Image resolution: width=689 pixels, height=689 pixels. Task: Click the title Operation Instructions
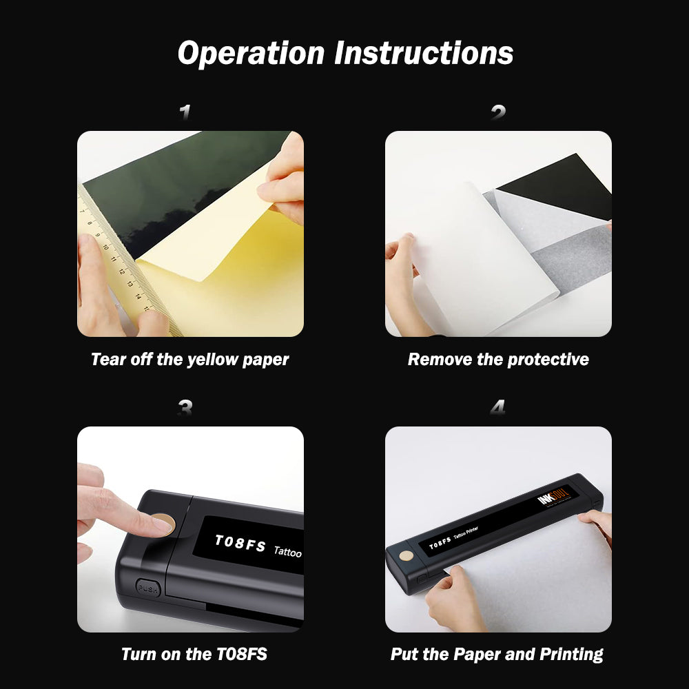click(x=345, y=53)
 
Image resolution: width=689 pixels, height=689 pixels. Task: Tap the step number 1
click(x=185, y=112)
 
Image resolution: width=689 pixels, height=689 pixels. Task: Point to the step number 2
click(x=498, y=112)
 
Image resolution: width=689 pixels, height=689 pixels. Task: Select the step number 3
click(x=185, y=408)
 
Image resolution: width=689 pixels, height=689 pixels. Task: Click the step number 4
click(x=497, y=408)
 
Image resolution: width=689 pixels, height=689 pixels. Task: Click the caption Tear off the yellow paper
click(x=190, y=359)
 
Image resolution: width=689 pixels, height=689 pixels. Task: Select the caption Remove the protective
click(x=498, y=359)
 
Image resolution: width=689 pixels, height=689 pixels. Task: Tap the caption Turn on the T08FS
click(x=194, y=654)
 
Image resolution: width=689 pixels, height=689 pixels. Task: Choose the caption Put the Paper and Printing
click(x=497, y=654)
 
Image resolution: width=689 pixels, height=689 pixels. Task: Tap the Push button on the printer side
click(x=147, y=588)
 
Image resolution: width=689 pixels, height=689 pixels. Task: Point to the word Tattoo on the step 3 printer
click(x=288, y=551)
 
